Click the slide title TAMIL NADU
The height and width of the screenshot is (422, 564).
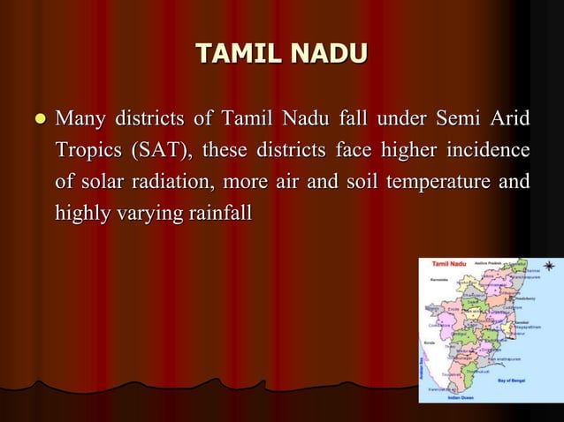[281, 54]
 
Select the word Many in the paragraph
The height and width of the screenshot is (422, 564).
[81, 118]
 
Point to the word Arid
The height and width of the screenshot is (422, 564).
[511, 118]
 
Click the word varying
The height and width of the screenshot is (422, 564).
[144, 213]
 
